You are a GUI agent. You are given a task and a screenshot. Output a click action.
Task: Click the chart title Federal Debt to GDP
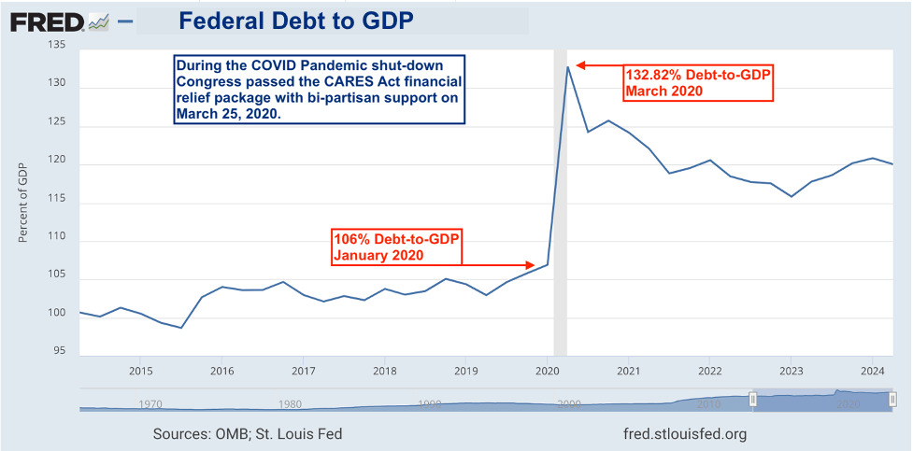[296, 20]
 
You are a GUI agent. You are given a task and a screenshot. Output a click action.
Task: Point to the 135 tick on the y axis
[59, 44]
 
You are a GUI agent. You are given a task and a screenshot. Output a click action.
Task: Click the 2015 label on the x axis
[140, 370]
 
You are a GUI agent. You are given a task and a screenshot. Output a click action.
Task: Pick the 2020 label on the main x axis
[547, 370]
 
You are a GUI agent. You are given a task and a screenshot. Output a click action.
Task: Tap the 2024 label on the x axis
[871, 370]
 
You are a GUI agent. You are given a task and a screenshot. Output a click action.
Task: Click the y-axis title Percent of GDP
[22, 202]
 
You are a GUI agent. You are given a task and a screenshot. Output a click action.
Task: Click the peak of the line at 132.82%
[567, 66]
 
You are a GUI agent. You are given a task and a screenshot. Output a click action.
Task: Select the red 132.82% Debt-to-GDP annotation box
[697, 83]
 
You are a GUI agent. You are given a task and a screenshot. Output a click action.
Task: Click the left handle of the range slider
[751, 400]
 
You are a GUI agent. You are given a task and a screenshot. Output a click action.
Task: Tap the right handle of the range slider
[892, 400]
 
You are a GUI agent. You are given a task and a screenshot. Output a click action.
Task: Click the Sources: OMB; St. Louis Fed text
[247, 434]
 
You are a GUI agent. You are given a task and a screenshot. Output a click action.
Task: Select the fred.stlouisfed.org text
[684, 434]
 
